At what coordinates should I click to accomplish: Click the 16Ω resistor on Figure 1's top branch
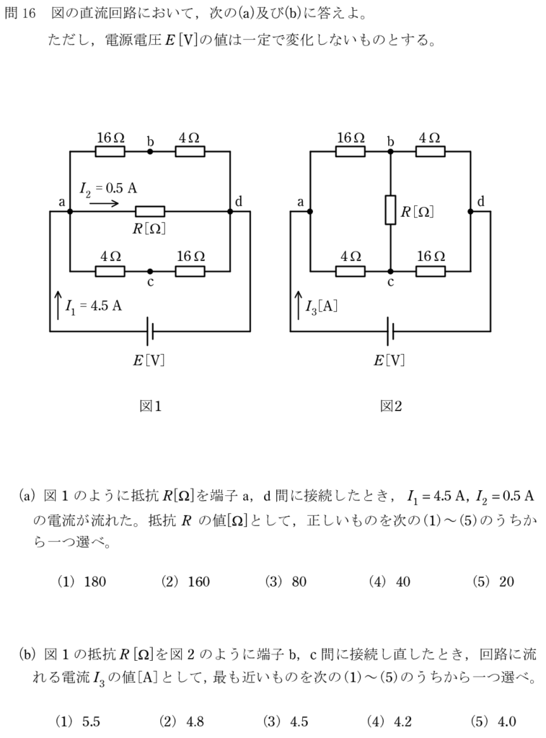110,151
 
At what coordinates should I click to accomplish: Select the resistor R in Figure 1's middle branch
150,211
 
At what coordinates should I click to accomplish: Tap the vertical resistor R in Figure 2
390,210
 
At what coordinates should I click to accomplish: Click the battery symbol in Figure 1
150,331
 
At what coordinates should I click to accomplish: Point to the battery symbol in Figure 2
390,331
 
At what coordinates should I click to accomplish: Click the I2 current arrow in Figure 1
105,203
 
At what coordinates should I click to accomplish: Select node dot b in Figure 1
150,151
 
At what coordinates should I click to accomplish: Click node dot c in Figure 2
390,271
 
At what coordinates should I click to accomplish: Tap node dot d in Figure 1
230,211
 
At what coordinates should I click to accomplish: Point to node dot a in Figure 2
310,211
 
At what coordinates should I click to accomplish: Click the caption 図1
150,406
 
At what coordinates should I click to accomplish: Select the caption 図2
390,406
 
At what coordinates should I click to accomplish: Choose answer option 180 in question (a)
94,582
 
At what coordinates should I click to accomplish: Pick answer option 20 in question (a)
506,582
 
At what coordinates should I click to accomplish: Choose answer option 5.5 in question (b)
91,721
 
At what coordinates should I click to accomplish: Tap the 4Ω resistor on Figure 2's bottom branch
351,271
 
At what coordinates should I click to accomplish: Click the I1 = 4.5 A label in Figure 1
92,306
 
